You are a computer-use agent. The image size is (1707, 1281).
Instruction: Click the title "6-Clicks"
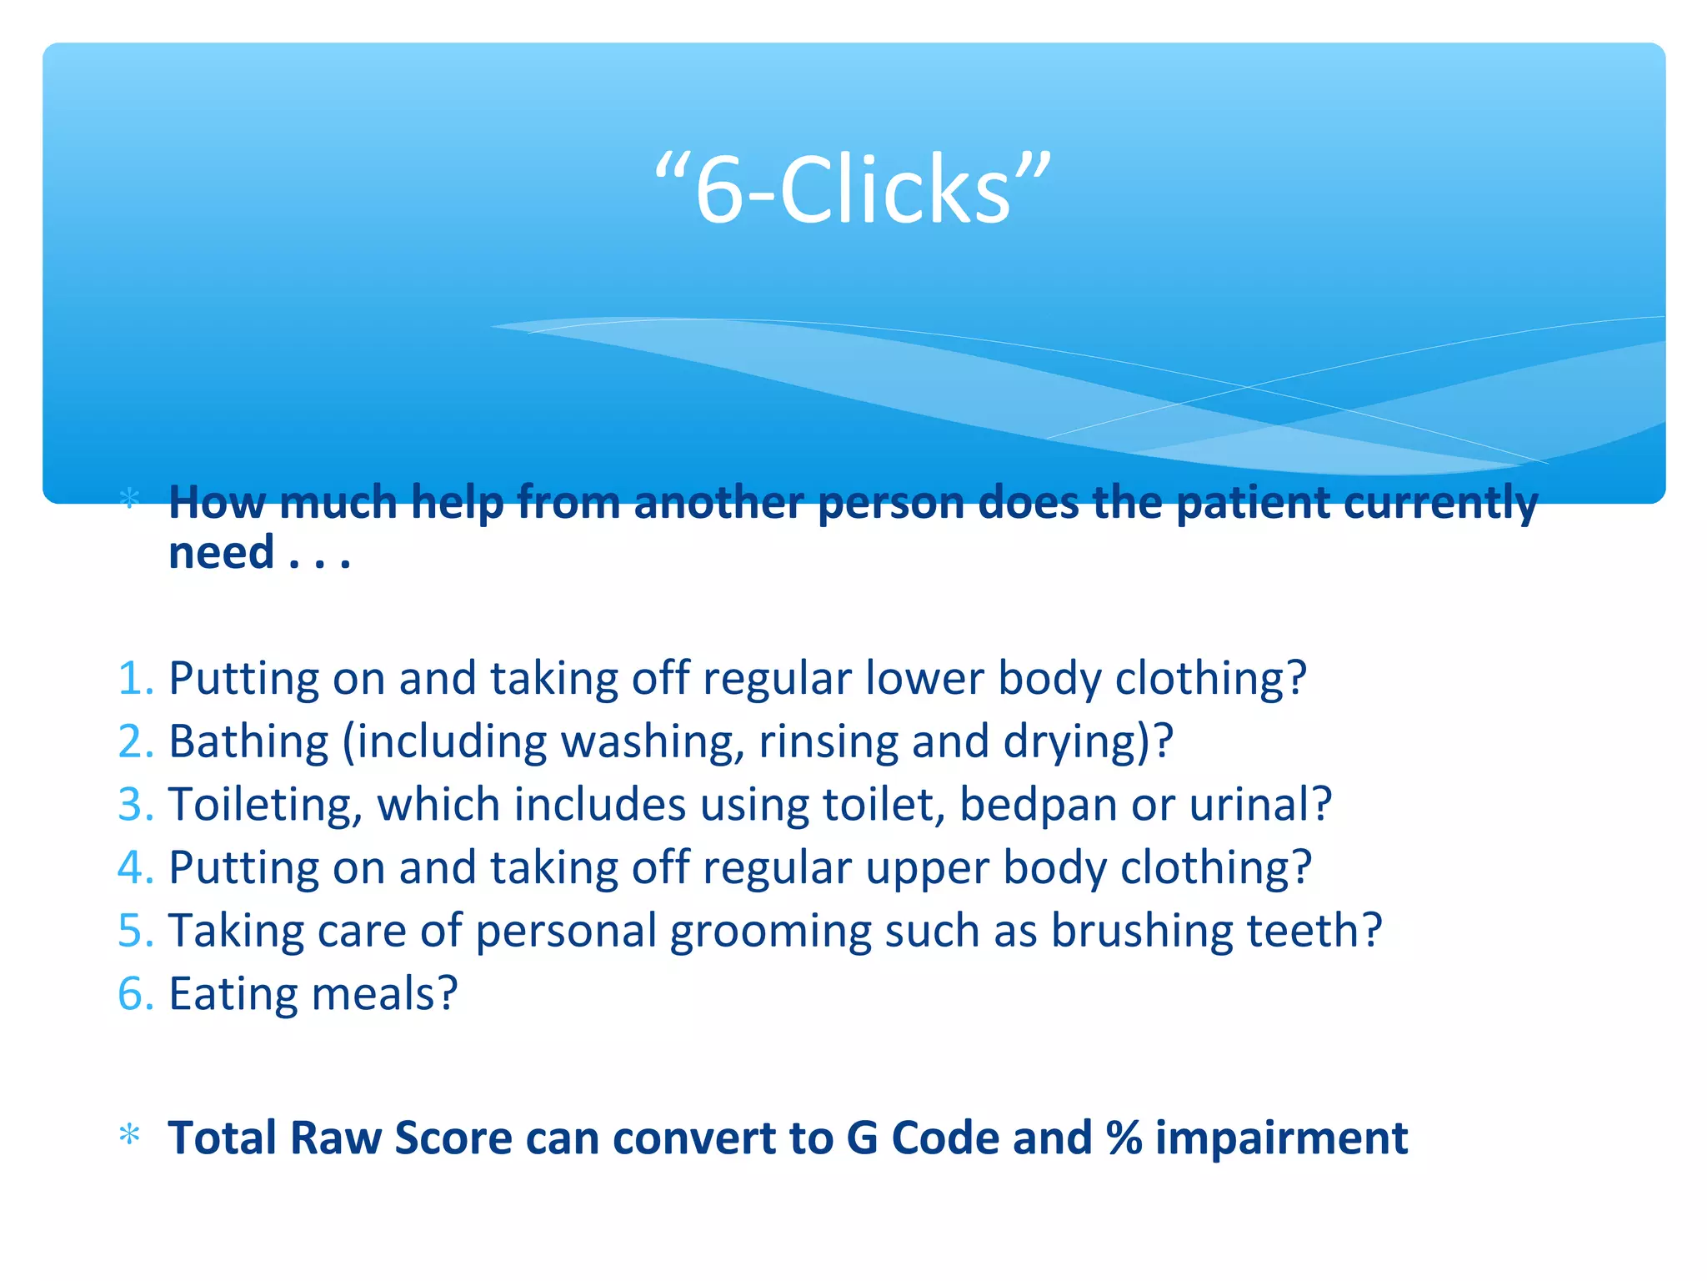click(x=853, y=190)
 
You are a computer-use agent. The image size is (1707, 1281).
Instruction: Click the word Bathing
click(x=248, y=742)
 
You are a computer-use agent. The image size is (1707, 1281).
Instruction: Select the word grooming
click(x=770, y=932)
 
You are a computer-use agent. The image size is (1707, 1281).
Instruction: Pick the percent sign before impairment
click(x=1124, y=1138)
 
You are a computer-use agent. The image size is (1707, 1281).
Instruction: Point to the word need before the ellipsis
click(x=221, y=553)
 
